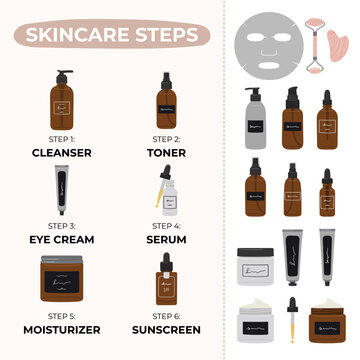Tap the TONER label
click(167, 152)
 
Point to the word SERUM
click(167, 240)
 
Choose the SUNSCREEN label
click(167, 328)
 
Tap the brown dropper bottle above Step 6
click(167, 284)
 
